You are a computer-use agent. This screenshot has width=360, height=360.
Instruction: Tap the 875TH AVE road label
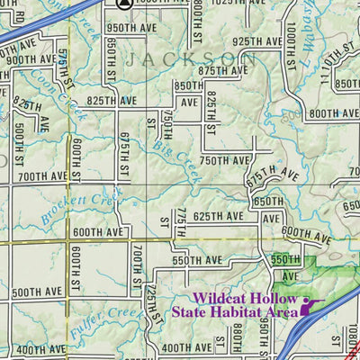tap(224, 70)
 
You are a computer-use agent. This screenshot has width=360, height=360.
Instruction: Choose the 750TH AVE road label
tap(224, 160)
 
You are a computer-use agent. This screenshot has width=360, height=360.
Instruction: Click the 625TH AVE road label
tap(219, 217)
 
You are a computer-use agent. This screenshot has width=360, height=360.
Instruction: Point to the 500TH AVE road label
tap(38, 292)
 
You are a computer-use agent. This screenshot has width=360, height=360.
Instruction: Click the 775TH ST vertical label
tap(180, 221)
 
